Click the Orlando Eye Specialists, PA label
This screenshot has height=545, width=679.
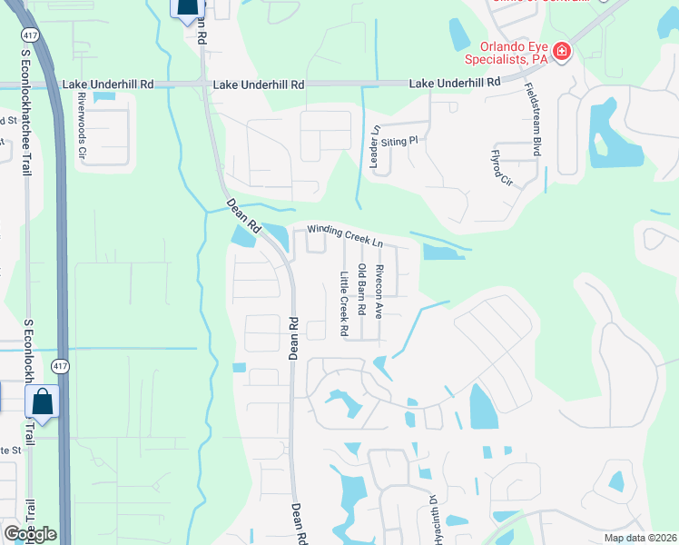[x=503, y=52]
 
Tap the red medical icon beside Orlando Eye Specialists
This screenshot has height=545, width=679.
[x=562, y=51]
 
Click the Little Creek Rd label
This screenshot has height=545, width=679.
[x=344, y=304]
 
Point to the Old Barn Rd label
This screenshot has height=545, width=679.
[x=361, y=289]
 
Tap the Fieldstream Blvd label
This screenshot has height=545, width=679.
[x=533, y=120]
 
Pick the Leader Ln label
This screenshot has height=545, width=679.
[x=373, y=145]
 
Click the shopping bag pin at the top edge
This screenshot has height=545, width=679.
[x=186, y=9]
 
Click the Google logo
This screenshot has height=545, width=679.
[x=30, y=533]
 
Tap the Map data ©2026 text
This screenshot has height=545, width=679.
[x=640, y=538]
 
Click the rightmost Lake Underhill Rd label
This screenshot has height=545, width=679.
[x=456, y=83]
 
